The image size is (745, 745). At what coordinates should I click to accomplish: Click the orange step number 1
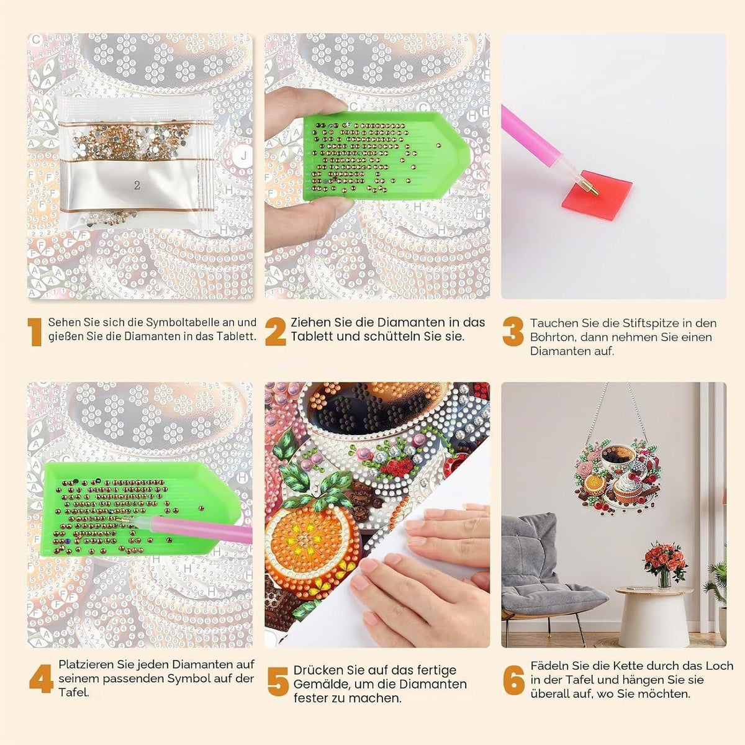pyautogui.click(x=35, y=332)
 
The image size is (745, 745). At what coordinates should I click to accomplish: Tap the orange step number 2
pyautogui.click(x=275, y=332)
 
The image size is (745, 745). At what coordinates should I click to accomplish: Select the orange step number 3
pyautogui.click(x=513, y=332)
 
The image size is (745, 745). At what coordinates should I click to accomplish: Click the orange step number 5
pyautogui.click(x=278, y=681)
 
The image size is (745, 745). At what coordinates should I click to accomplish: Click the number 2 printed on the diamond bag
pyautogui.click(x=137, y=186)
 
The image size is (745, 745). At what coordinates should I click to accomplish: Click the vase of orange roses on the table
pyautogui.click(x=665, y=563)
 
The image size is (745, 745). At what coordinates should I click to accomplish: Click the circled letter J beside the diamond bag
pyautogui.click(x=243, y=156)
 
